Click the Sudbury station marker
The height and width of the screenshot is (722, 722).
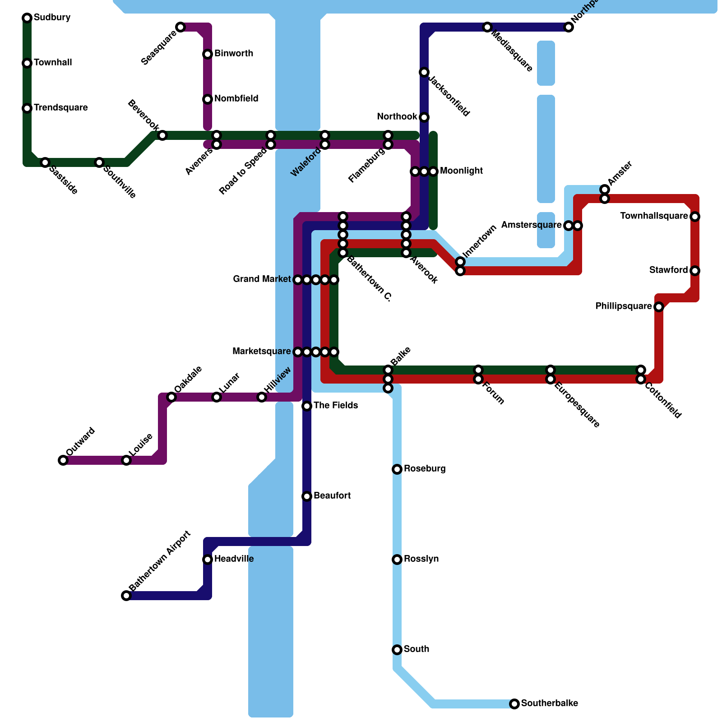[x=27, y=18]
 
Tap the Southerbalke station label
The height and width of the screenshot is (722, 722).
[x=549, y=703]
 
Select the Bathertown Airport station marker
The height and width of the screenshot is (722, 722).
[x=126, y=596]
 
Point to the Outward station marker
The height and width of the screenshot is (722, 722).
[x=63, y=460]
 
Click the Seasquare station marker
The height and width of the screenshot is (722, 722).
[x=180, y=27]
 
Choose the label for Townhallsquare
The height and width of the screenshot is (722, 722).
[x=654, y=216]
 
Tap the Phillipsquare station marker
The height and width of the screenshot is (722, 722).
[x=659, y=307]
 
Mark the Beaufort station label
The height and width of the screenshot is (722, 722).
[x=332, y=495]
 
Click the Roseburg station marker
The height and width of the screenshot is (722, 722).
[x=397, y=469]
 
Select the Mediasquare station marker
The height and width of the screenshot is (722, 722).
[x=487, y=27]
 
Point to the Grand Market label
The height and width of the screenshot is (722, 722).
[x=262, y=279]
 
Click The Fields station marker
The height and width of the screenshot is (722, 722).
[x=307, y=406]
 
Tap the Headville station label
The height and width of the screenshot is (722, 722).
[x=234, y=559]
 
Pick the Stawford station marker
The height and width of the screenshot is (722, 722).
[x=695, y=271]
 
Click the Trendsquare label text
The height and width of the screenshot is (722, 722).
[x=60, y=107]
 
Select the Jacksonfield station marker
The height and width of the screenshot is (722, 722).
[x=424, y=72]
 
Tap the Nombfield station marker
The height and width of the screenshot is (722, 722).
[x=208, y=99]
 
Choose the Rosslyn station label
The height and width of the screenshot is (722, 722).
[x=421, y=559]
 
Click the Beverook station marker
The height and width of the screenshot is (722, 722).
[x=162, y=135]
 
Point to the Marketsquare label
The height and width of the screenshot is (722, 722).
[x=262, y=352]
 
